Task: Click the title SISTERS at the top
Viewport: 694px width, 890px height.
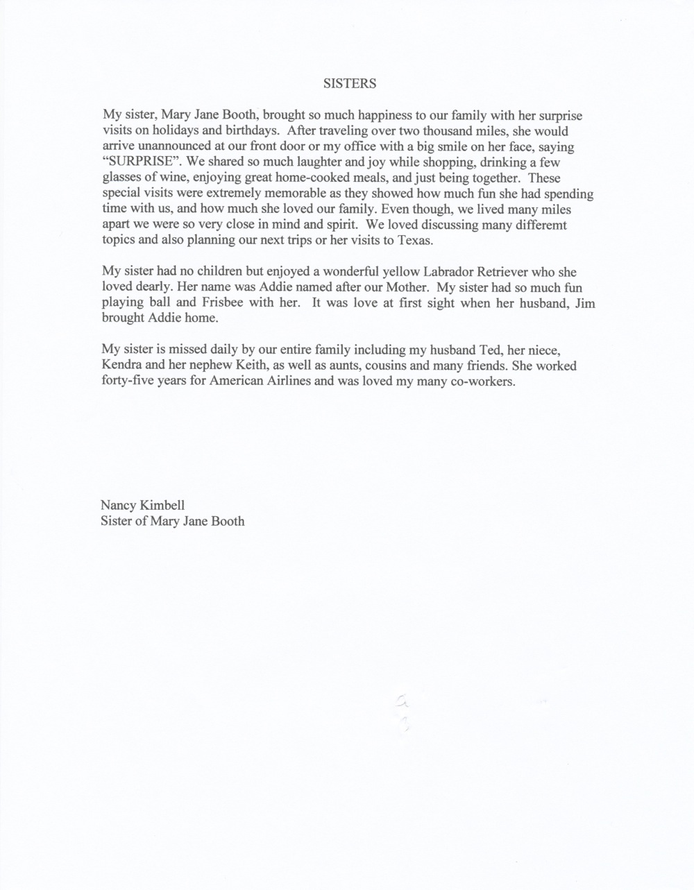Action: pos(350,84)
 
